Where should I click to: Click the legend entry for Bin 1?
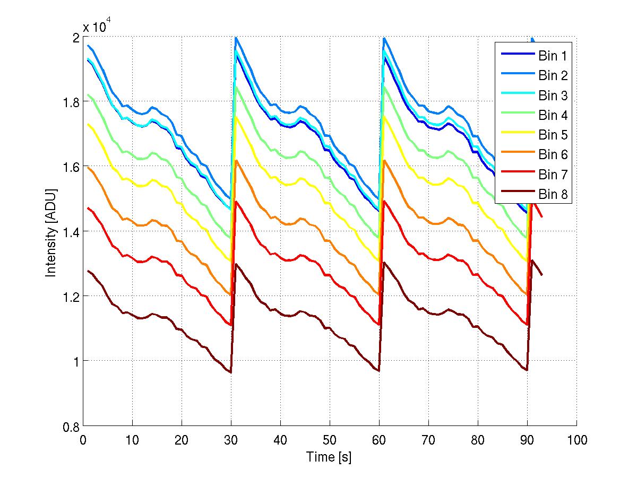[553, 56]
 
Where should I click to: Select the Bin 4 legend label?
[553, 115]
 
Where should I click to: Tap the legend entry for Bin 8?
[553, 195]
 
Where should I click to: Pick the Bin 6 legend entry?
[553, 155]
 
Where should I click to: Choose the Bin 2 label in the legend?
[553, 75]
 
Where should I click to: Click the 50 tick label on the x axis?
[330, 440]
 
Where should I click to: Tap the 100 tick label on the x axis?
[576, 440]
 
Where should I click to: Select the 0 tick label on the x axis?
[83, 440]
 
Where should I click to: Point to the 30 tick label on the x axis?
[231, 440]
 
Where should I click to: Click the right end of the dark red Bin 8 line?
[541, 275]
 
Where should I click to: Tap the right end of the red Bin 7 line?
[541, 216]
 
